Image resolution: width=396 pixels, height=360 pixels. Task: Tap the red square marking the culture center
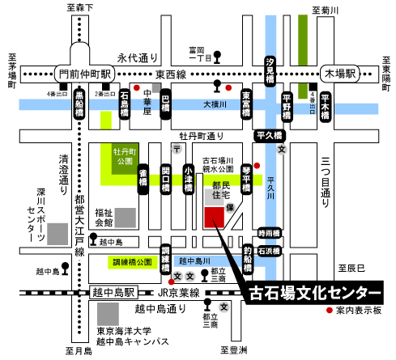click(x=215, y=218)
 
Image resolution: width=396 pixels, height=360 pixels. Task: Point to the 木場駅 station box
click(x=339, y=74)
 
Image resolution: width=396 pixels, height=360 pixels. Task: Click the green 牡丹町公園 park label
click(x=123, y=155)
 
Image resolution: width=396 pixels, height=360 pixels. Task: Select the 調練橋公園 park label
click(x=133, y=262)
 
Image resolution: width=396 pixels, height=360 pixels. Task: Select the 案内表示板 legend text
click(x=361, y=310)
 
